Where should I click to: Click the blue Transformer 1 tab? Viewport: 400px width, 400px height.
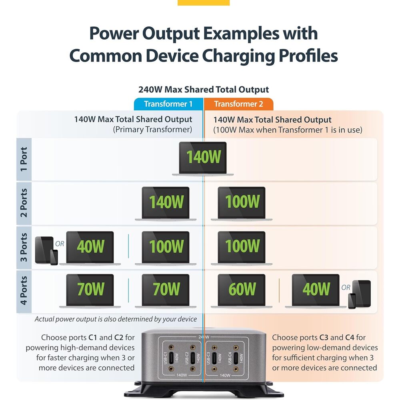169,104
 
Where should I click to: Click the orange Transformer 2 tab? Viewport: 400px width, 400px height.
238,104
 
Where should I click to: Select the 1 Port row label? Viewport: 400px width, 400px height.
24,160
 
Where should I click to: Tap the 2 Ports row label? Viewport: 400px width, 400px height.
24,203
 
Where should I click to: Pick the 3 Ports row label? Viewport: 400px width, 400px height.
24,248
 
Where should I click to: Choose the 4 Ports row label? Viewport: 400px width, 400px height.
24,291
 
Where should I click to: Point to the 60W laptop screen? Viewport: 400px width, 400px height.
242,289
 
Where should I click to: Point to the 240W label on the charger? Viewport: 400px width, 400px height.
204,337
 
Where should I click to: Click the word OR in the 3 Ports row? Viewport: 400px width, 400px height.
60,244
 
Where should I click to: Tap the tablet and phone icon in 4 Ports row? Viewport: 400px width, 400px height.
360,294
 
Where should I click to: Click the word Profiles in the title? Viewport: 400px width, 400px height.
308,56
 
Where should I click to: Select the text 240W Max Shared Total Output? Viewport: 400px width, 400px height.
204,90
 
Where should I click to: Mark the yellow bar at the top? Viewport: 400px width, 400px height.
204,2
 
